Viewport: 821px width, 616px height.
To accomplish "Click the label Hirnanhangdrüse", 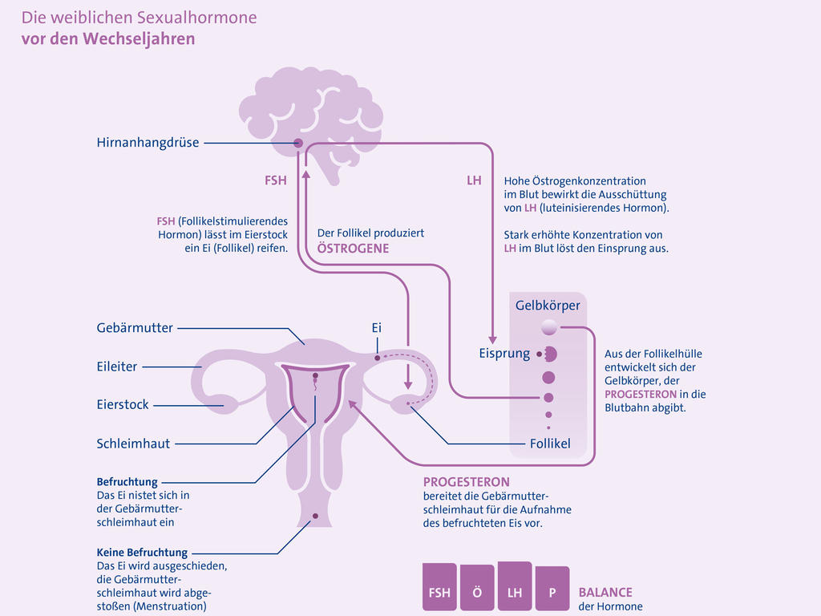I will point(148,144).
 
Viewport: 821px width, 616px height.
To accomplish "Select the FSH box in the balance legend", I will point(439,590).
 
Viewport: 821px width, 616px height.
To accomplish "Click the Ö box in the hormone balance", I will point(477,590).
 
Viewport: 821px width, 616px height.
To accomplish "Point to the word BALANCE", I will point(605,593).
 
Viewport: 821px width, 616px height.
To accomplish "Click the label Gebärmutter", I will point(135,328).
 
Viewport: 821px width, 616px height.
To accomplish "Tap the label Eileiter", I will point(117,367).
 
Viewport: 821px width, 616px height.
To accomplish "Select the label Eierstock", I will point(123,405).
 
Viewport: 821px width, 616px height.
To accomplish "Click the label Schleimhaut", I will point(133,444).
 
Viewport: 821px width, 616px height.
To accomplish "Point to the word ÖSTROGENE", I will point(353,249).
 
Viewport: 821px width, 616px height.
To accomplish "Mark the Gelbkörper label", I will point(548,306).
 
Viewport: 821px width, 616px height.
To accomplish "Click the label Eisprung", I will point(504,354).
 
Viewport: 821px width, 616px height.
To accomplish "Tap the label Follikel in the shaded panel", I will point(550,444).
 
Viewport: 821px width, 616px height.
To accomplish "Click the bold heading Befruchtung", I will point(127,482).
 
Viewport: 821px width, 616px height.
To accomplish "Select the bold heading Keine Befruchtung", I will point(142,553).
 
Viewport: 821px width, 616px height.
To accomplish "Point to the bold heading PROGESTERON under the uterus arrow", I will point(466,482).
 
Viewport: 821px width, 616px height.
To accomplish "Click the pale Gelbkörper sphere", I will point(549,327).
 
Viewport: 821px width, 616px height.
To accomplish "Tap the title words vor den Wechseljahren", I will point(108,38).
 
